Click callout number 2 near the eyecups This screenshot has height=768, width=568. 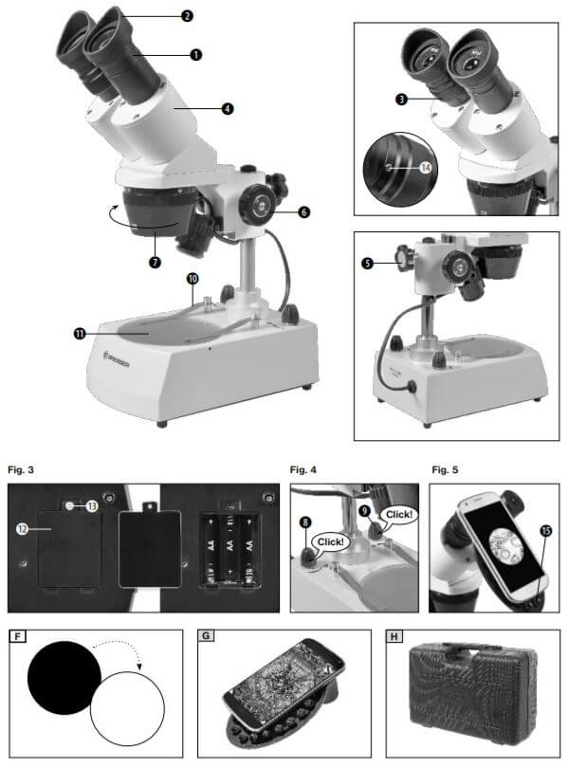pyautogui.click(x=187, y=16)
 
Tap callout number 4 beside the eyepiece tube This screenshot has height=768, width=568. pyautogui.click(x=228, y=108)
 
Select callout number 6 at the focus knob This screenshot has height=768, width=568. pyautogui.click(x=304, y=211)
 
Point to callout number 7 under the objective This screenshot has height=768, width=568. pyautogui.click(x=155, y=262)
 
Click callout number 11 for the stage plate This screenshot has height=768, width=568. pyautogui.click(x=80, y=334)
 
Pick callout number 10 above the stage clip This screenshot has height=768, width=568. pyautogui.click(x=192, y=279)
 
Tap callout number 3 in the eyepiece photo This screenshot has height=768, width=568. pyautogui.click(x=401, y=100)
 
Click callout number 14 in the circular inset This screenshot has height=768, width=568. pyautogui.click(x=426, y=168)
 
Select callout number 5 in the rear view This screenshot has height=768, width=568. pyautogui.click(x=367, y=263)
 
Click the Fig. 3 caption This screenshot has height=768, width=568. pyautogui.click(x=21, y=470)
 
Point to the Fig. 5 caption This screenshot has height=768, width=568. pyautogui.click(x=445, y=470)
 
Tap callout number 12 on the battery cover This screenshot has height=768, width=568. pyautogui.click(x=22, y=529)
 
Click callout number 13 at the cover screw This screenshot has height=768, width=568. pyautogui.click(x=92, y=506)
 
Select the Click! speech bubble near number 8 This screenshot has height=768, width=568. pyautogui.click(x=330, y=542)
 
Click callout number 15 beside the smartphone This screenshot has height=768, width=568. pyautogui.click(x=546, y=530)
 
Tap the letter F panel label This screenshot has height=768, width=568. pyautogui.click(x=18, y=637)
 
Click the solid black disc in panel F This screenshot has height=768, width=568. pyautogui.click(x=64, y=677)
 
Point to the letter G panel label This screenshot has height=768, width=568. pyautogui.click(x=206, y=636)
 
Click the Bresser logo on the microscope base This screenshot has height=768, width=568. pyautogui.click(x=117, y=359)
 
